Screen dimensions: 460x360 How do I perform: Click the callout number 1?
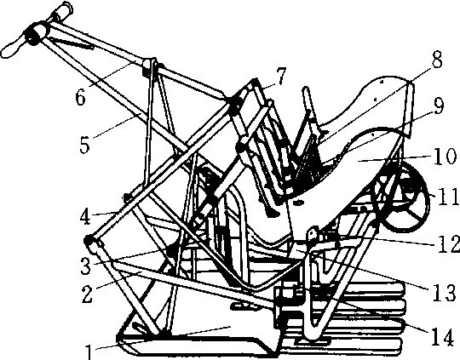pos(89,351)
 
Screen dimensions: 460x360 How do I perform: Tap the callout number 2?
pos(87,294)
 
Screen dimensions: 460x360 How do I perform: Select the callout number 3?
pos(86,266)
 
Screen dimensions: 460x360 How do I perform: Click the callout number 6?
pos(80,97)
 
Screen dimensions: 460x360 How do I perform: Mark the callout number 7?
pos(280,76)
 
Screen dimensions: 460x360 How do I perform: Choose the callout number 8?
pos(437,60)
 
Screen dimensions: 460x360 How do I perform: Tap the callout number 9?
pos(439,107)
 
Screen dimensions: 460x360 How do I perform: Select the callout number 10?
pos(445,156)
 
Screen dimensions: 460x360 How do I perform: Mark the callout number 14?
pos(442,340)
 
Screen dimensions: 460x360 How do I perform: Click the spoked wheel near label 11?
pos(400,197)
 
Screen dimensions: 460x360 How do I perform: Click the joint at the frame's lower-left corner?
pos(89,241)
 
